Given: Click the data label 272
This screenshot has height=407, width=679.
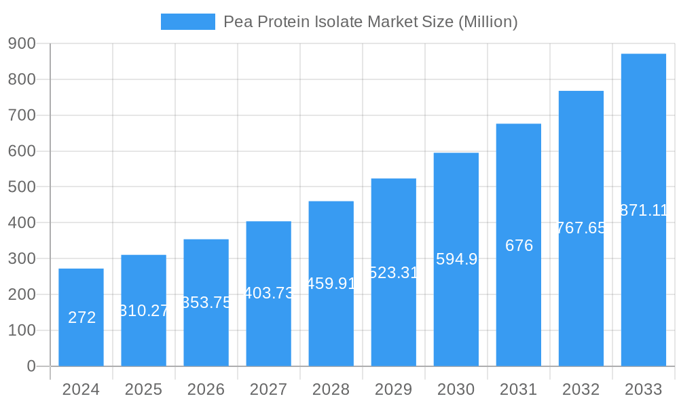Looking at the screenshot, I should click(82, 317).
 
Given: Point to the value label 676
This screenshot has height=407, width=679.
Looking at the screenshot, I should click(519, 246).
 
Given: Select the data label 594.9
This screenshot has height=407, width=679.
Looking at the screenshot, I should click(456, 259).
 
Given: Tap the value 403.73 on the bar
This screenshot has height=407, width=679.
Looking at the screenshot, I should click(269, 293).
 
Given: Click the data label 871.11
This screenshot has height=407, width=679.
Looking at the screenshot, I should click(643, 210).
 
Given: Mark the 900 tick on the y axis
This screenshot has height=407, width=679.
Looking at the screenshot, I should click(22, 43).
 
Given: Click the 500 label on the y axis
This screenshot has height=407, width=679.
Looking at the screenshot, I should click(22, 187).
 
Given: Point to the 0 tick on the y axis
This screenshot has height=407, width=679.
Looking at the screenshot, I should click(31, 366).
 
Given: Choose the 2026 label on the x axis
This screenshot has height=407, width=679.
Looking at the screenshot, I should click(206, 389).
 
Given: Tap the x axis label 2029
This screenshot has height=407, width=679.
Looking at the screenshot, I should click(393, 389).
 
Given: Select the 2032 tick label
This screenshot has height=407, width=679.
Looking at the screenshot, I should click(581, 389).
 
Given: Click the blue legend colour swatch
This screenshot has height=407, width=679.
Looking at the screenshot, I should click(187, 22).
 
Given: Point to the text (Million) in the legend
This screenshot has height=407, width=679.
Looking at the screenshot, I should click(488, 22).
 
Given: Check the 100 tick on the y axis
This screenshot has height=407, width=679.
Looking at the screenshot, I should click(22, 330).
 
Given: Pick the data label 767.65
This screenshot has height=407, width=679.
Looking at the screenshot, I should click(581, 228).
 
